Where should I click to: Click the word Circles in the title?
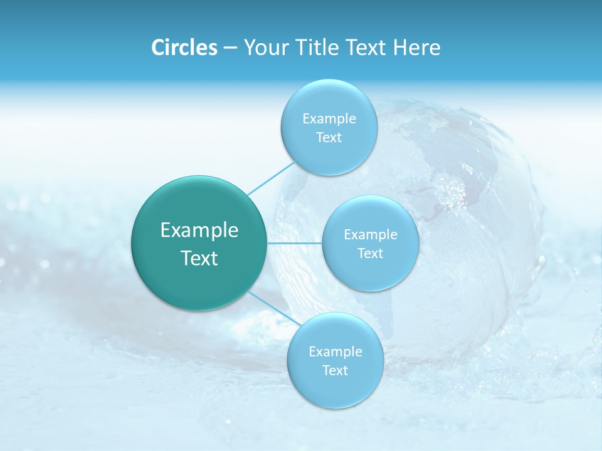184,48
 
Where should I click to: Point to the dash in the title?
230,48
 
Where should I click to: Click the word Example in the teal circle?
199,231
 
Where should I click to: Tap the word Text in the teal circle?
199,258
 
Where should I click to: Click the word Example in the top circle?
329,118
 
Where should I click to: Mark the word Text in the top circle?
329,137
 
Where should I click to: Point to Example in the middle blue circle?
370,234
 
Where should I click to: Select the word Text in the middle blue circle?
370,253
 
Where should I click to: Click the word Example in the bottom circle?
335,351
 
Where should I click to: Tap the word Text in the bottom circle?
335,370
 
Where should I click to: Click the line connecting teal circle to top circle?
271,178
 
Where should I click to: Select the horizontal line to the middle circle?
294,243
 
